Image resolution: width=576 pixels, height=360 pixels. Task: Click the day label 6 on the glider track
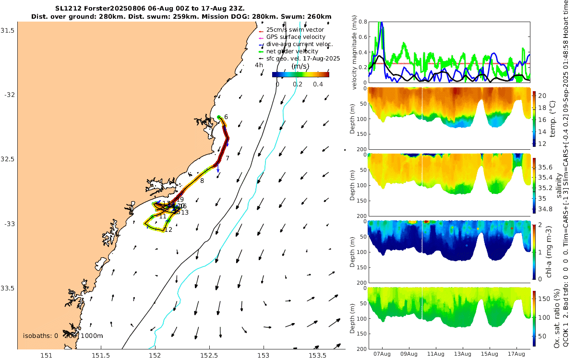click(226, 117)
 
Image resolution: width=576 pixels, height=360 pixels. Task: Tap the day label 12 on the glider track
click(168, 230)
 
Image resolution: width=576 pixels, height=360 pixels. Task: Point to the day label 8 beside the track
click(202, 180)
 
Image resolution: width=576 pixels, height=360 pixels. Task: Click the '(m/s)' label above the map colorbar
click(300, 66)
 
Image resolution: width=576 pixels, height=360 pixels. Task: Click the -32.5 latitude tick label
click(8, 159)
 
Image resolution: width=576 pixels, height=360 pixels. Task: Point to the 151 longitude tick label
click(46, 355)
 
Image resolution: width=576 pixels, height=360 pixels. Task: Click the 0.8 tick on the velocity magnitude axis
click(362, 22)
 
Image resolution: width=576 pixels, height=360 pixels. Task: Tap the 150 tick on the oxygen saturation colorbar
click(543, 298)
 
